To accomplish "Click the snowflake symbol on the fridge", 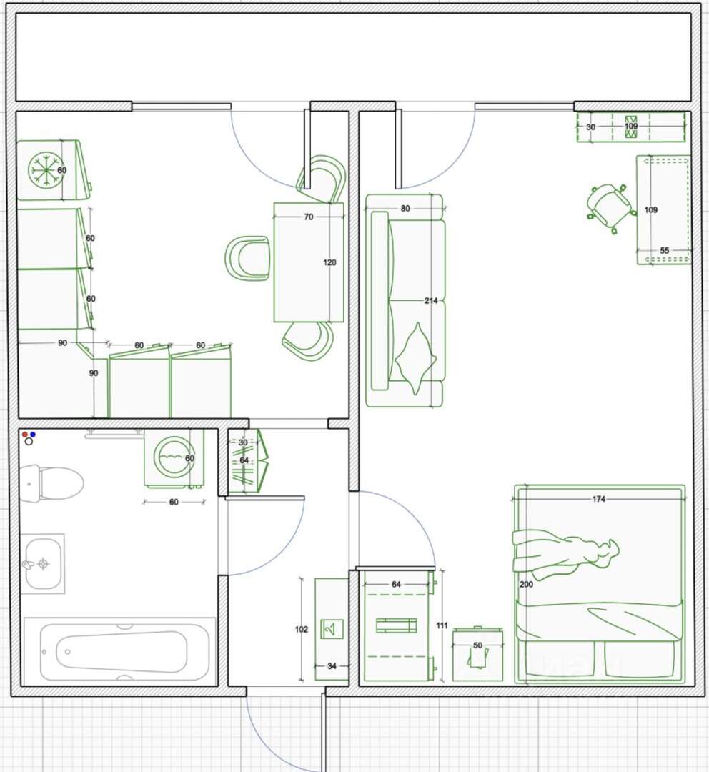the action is [45, 170].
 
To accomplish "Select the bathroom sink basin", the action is [44, 563].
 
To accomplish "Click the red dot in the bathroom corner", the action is [25, 435].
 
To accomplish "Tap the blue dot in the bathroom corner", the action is [32, 435].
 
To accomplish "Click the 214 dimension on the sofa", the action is [431, 300].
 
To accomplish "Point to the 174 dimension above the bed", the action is [599, 499].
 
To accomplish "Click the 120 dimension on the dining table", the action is [329, 262].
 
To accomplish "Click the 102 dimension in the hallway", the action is [302, 629].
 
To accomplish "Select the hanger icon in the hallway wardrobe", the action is [332, 629].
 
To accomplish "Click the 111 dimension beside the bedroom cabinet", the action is [442, 625].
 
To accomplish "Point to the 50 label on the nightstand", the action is [477, 645].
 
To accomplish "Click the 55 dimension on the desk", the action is [664, 251].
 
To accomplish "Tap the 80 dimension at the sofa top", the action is [405, 208].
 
